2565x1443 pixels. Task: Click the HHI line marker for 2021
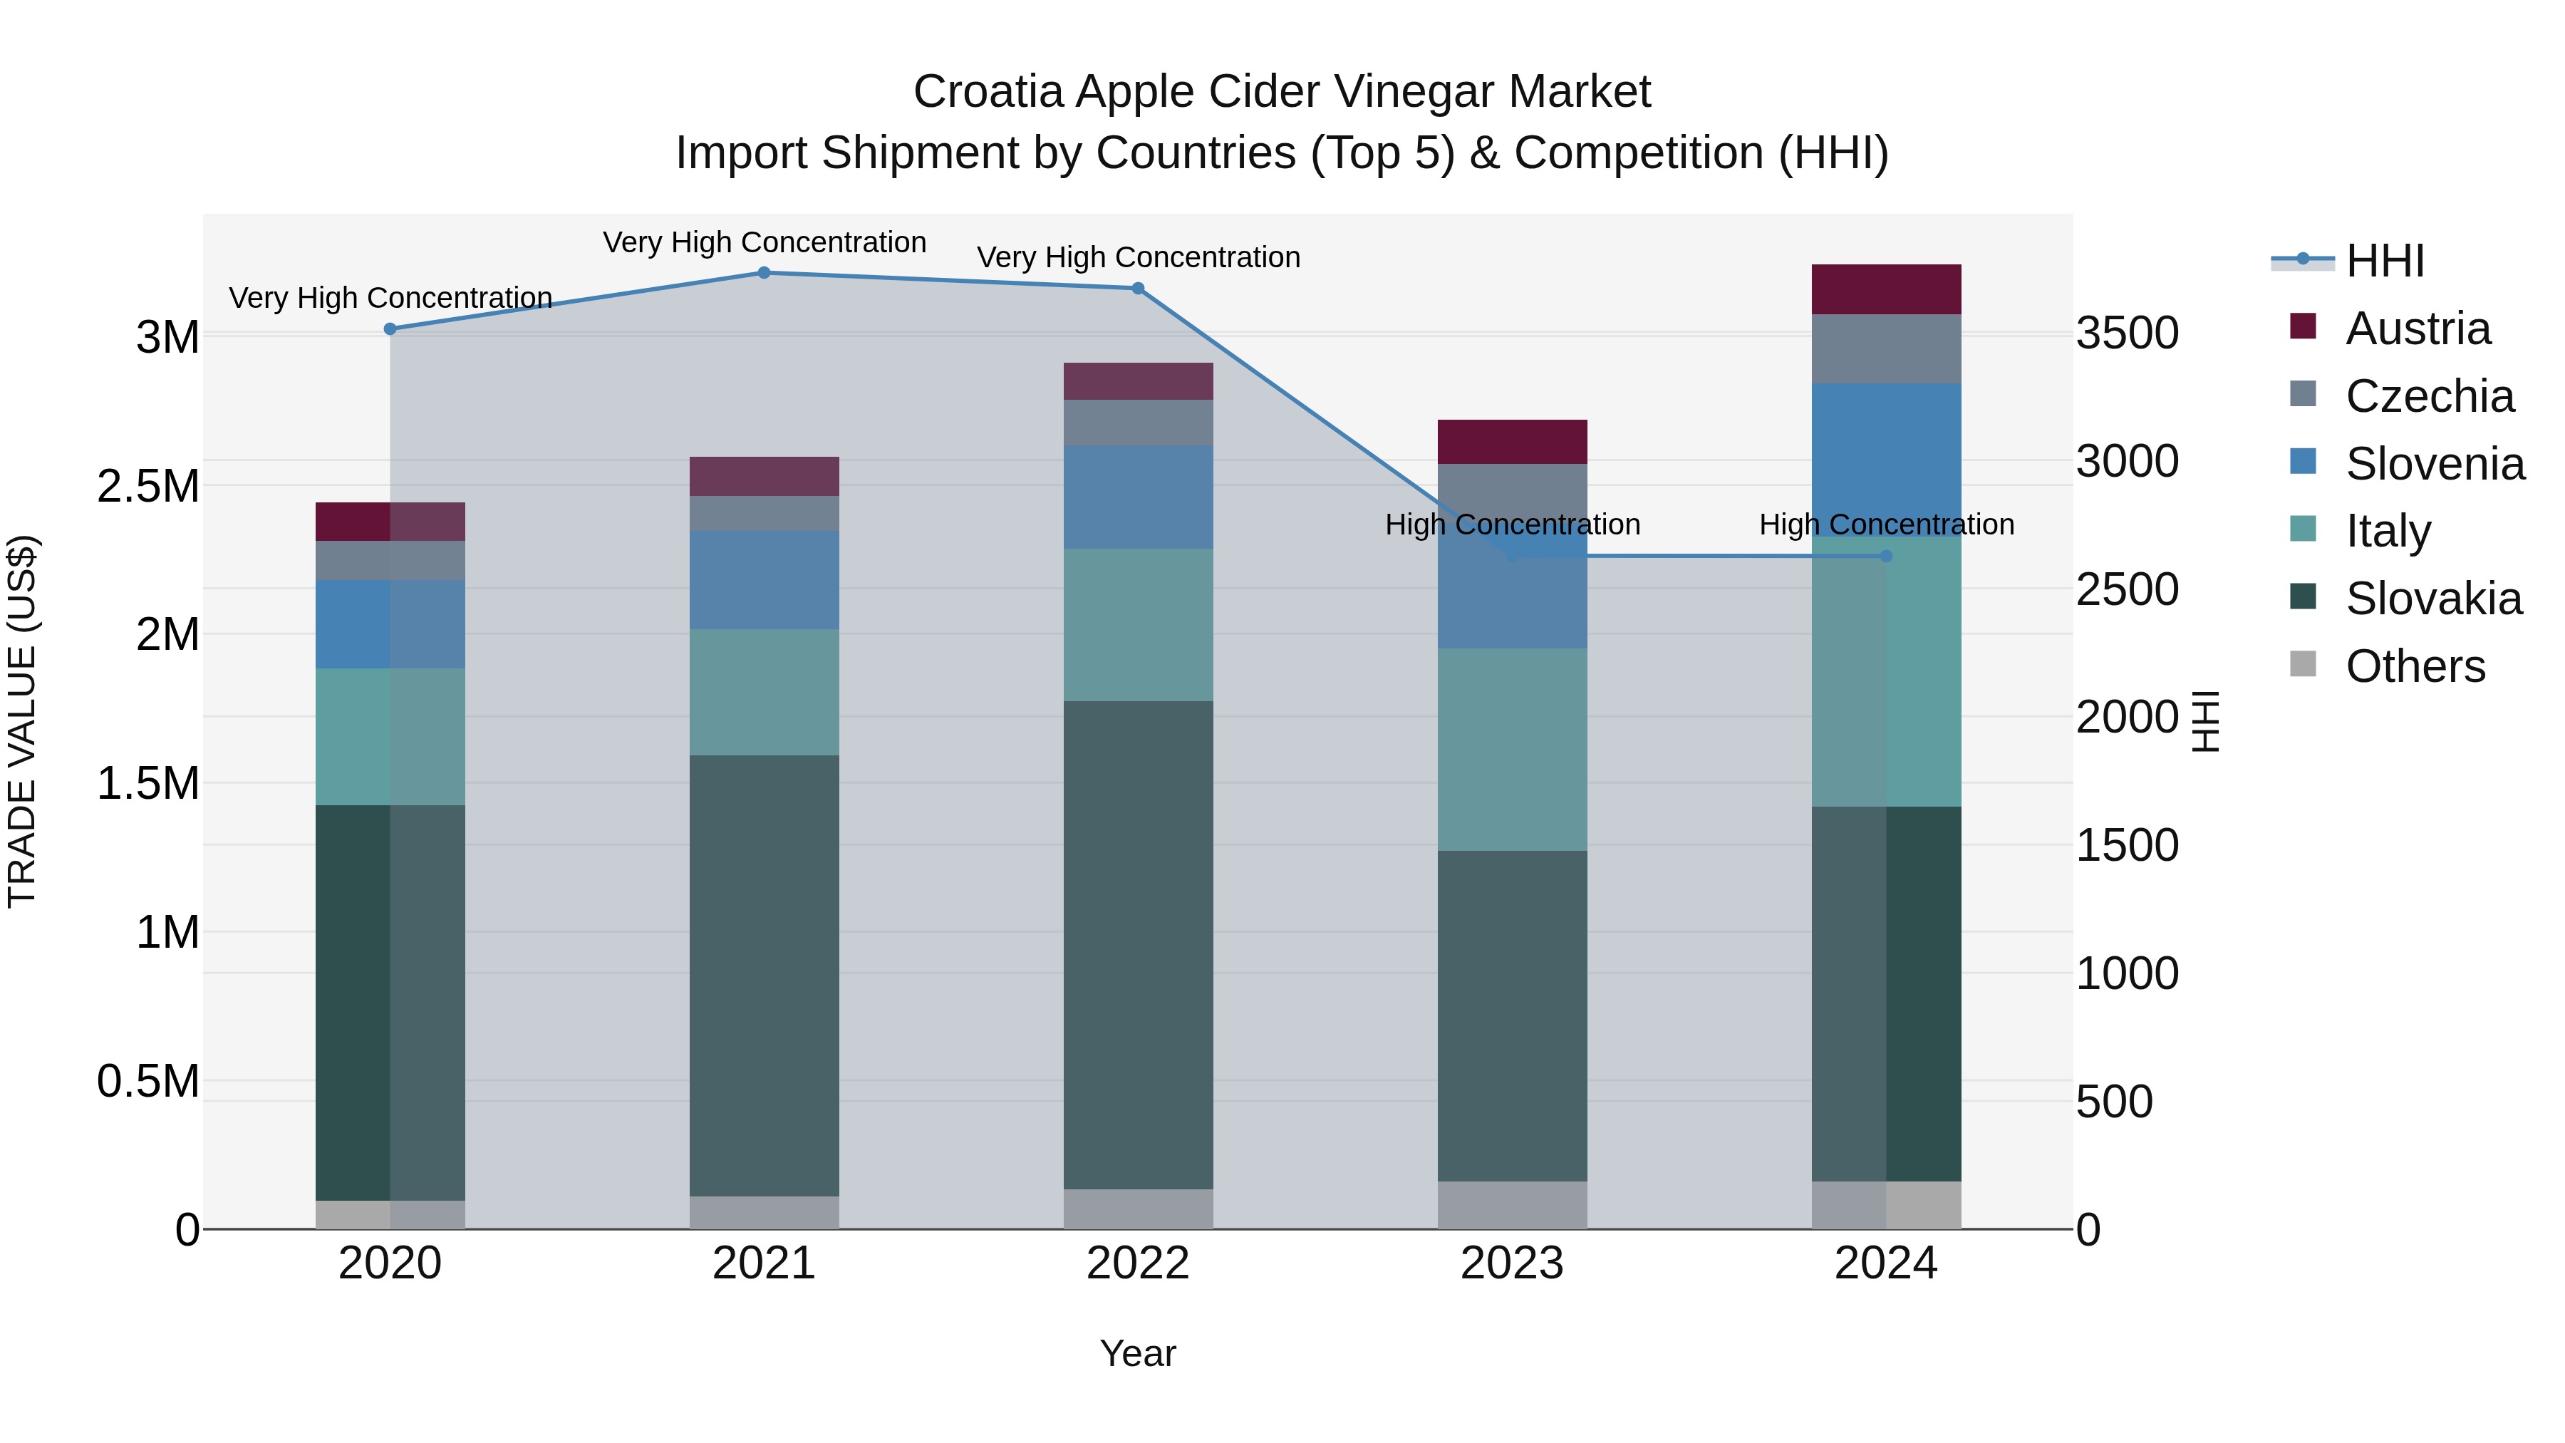(764, 273)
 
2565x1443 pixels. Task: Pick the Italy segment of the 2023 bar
(1511, 749)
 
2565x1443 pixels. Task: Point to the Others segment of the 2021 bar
(764, 1212)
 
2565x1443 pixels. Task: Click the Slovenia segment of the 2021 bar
(764, 579)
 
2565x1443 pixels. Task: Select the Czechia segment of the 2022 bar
(1138, 423)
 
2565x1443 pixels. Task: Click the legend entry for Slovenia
(2435, 464)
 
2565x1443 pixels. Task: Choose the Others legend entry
(2415, 666)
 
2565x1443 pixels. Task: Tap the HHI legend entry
(2384, 261)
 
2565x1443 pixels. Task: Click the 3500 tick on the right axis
(2127, 333)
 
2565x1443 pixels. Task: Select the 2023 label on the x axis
(1511, 1263)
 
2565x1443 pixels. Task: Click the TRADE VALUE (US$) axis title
(22, 721)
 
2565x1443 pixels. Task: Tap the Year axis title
(1137, 1353)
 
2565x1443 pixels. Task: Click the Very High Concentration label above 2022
(1138, 257)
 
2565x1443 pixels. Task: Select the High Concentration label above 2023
(1511, 524)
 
